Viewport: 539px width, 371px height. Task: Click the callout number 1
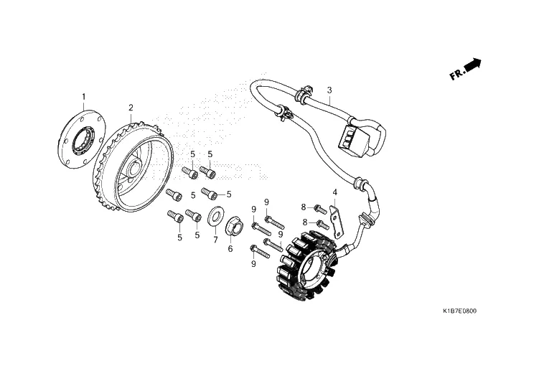(x=83, y=96)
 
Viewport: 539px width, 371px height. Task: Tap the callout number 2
(x=131, y=108)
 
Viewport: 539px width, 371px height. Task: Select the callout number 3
(x=329, y=90)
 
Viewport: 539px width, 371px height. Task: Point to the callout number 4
(x=334, y=192)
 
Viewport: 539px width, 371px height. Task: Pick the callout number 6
(x=230, y=249)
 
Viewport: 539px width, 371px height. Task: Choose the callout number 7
(x=215, y=240)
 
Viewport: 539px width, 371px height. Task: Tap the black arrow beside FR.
(x=473, y=65)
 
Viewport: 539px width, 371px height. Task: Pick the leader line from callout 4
(x=334, y=202)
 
